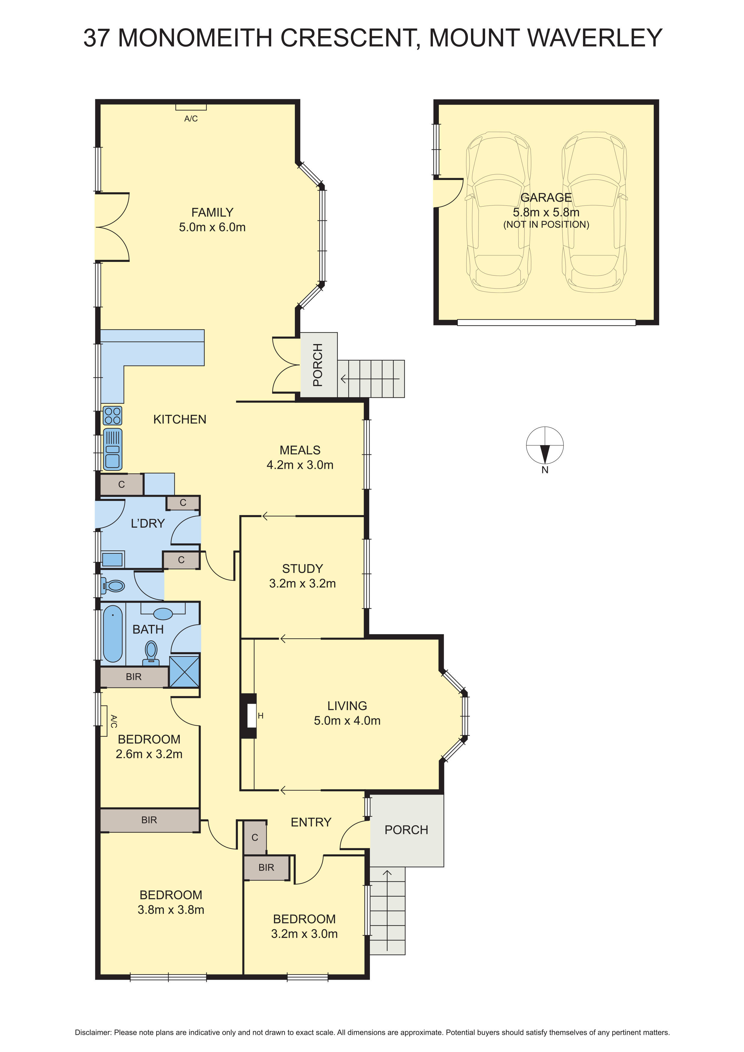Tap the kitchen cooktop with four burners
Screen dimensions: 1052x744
coord(112,415)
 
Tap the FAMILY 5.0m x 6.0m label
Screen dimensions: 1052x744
coord(212,220)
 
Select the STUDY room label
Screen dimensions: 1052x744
coord(302,569)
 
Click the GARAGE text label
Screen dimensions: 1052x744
coord(546,197)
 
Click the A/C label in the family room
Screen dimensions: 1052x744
coord(191,119)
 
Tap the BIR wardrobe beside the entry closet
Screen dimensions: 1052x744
coord(266,867)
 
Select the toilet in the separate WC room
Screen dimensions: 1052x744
coord(114,586)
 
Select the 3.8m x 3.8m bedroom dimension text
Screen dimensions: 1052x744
coord(171,910)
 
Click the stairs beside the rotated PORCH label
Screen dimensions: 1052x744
coord(371,379)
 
